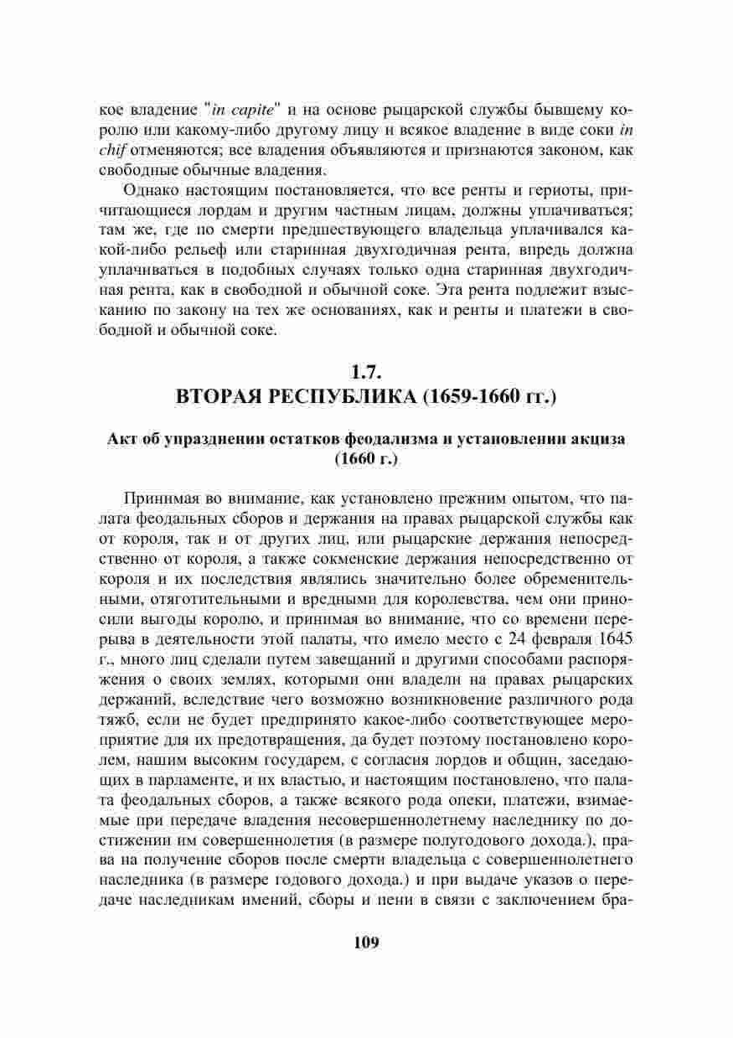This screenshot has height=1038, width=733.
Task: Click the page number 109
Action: [x=366, y=942]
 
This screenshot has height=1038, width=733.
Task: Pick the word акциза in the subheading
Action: [x=601, y=439]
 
